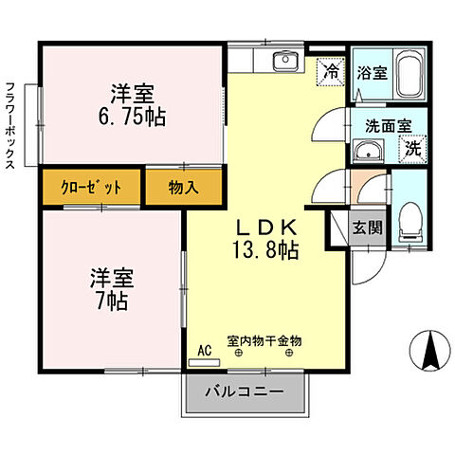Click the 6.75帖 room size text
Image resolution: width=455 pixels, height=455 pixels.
[x=132, y=118]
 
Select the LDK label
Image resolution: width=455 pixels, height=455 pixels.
[x=267, y=227]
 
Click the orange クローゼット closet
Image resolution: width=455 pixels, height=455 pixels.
[x=92, y=187]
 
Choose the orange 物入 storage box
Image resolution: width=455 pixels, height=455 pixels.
[x=183, y=187]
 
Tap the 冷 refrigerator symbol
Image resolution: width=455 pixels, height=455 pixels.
[x=331, y=69]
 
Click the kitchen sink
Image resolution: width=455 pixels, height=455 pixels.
[x=284, y=63]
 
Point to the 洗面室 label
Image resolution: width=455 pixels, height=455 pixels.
[x=388, y=124]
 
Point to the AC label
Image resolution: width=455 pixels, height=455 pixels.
[x=204, y=349]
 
